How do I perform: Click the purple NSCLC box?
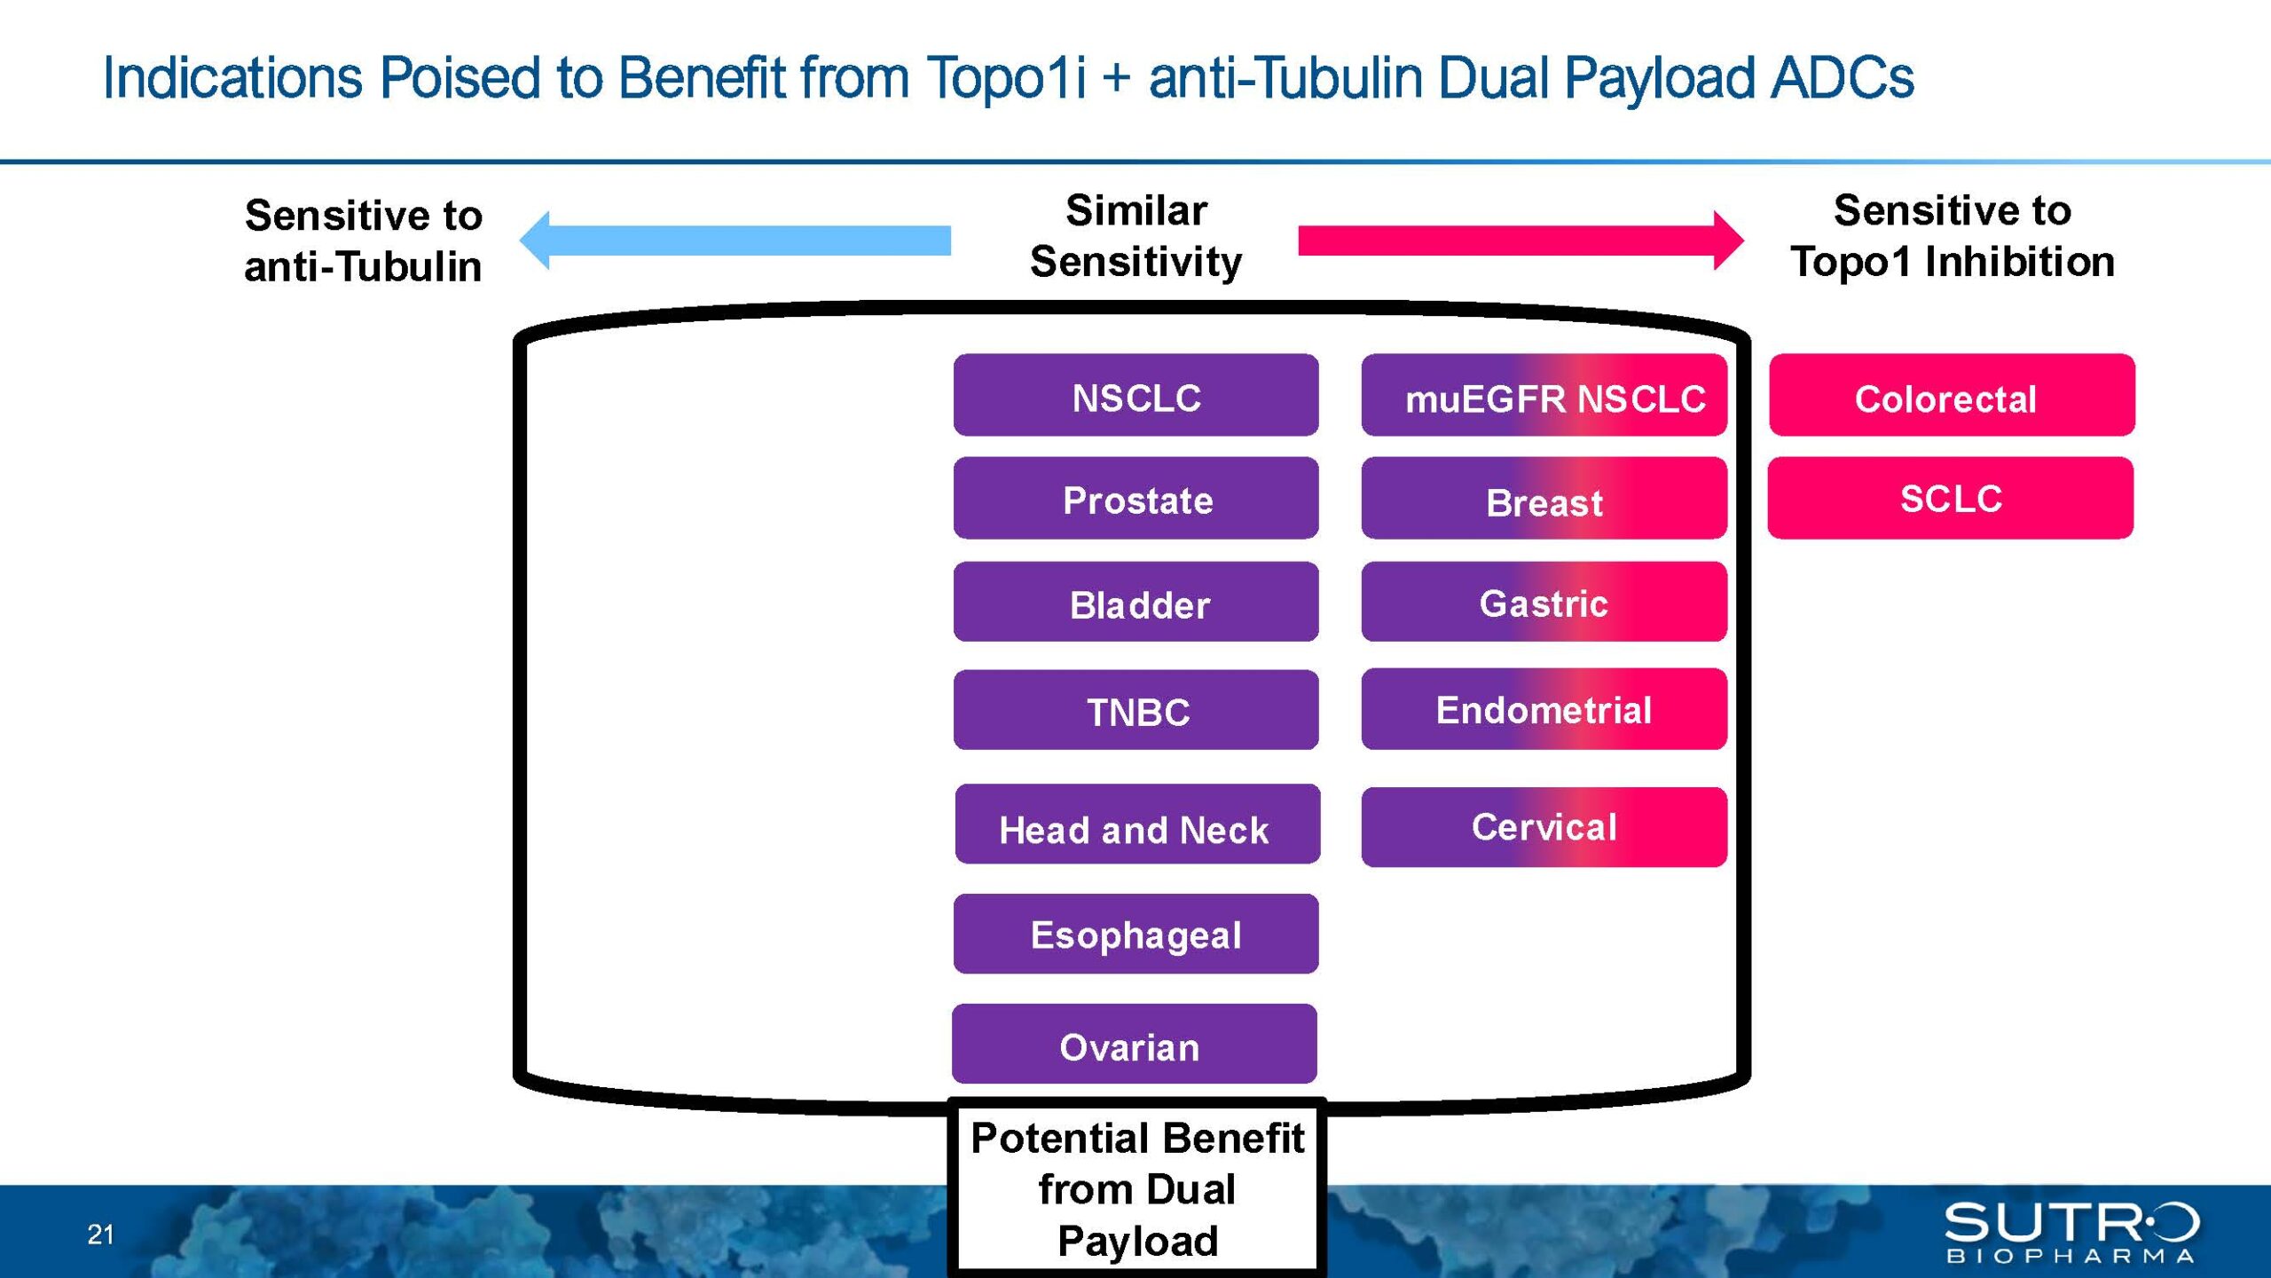pos(1135,395)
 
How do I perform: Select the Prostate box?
pos(1135,498)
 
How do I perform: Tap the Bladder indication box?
pos(1135,602)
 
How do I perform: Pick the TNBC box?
pos(1135,710)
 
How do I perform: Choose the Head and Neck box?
pos(1137,824)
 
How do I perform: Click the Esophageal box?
pos(1135,934)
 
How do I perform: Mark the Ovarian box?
pos(1134,1044)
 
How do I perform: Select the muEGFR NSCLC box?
pos(1544,395)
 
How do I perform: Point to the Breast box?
pos(1544,498)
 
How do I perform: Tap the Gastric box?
pos(1544,602)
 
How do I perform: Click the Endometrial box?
pos(1544,709)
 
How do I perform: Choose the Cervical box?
pos(1544,827)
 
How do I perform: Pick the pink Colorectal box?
pos(1952,395)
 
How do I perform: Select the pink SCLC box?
pos(1950,498)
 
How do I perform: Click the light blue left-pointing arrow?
pos(735,240)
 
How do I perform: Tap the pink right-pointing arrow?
pos(1521,240)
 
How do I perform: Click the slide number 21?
pos(100,1235)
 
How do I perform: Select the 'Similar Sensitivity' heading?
pos(1135,236)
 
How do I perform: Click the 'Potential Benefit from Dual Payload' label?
pos(1137,1189)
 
